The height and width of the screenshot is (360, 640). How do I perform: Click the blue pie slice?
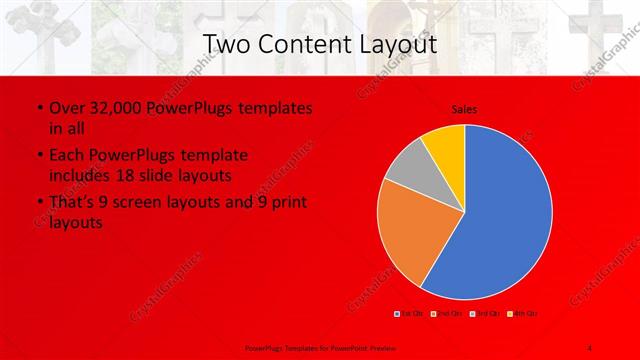coord(505,215)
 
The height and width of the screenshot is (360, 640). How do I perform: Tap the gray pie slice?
coord(406,168)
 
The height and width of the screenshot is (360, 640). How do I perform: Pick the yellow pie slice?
coord(444,143)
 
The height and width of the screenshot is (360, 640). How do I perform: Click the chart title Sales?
coord(465,109)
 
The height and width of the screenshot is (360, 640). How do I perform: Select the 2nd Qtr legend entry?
coord(448,314)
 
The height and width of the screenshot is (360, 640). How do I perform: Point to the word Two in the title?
coord(225,44)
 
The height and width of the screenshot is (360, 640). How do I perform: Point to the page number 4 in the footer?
coord(589,346)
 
